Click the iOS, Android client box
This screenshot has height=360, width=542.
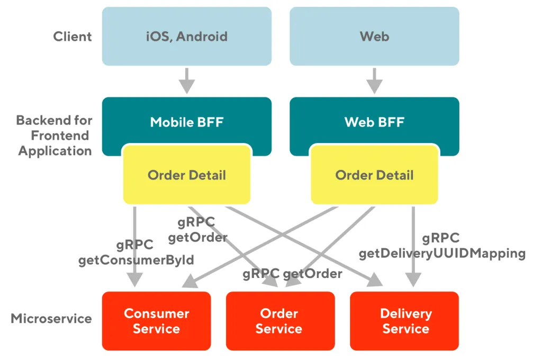tap(186, 37)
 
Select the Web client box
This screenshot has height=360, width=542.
tap(374, 37)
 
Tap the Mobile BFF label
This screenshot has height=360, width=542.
tap(186, 122)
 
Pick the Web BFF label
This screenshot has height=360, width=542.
tap(374, 122)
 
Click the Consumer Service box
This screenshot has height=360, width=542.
tap(156, 321)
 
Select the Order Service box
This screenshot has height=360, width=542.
tap(279, 321)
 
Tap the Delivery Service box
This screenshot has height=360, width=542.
tap(405, 321)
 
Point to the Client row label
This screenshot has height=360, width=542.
tap(73, 37)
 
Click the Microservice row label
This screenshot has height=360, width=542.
tap(51, 319)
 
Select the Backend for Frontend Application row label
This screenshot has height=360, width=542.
tap(55, 136)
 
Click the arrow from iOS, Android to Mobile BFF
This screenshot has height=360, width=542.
tap(186, 80)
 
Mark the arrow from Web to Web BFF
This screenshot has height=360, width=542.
tap(374, 80)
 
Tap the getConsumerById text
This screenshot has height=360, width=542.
tap(136, 260)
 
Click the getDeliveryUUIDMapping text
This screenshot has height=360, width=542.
tap(442, 254)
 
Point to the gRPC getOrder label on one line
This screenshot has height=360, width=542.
tap(292, 274)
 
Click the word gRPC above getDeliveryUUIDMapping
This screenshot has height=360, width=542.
tap(440, 238)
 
